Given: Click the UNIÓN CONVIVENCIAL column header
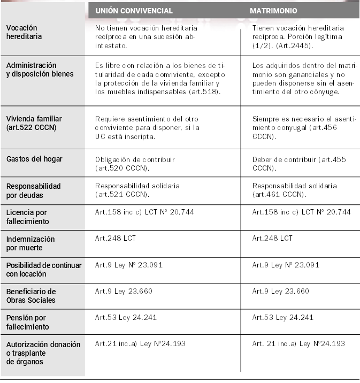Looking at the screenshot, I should (x=134, y=11).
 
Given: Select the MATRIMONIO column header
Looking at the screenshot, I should (x=274, y=11).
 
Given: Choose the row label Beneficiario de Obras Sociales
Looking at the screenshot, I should (x=30, y=296).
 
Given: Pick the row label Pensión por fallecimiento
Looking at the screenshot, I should (x=27, y=322).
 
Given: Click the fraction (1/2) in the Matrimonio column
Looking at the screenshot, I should (x=262, y=45).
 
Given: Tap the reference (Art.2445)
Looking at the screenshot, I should (x=292, y=45).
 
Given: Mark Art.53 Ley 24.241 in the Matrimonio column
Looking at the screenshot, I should (x=282, y=317).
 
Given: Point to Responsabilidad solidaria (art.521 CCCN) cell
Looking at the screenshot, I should (x=137, y=190).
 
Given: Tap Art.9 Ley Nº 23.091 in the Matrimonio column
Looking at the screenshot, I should (x=285, y=265).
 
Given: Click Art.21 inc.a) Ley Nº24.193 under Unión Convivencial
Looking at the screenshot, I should (x=140, y=343).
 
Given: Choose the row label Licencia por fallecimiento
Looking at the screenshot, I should (x=27, y=217).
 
